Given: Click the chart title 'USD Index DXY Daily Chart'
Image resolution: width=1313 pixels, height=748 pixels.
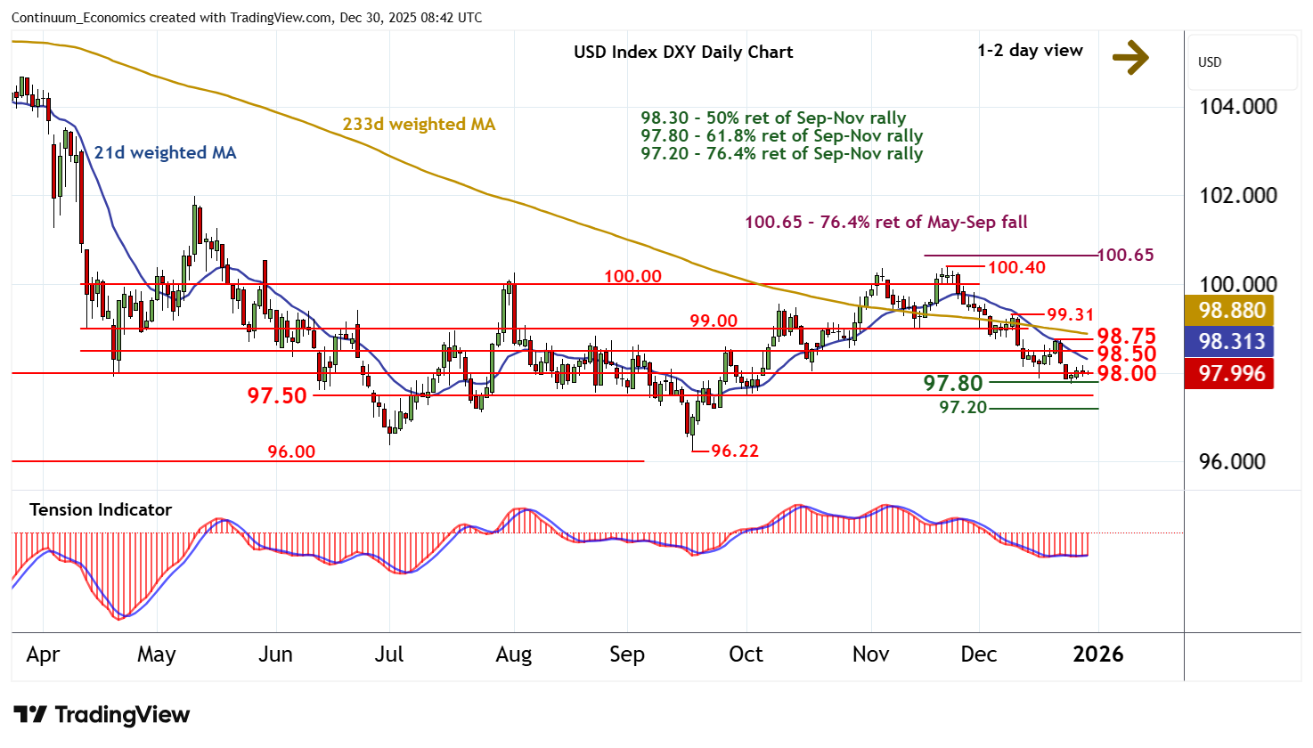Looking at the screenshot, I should tap(683, 52).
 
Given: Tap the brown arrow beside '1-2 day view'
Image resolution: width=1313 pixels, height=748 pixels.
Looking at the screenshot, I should tap(1130, 58).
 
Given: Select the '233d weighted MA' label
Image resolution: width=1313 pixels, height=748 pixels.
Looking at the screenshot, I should tap(419, 125).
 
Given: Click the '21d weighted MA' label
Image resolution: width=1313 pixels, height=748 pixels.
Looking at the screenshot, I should tap(166, 153).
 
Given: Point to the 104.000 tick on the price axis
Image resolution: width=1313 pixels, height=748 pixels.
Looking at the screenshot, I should tap(1238, 107).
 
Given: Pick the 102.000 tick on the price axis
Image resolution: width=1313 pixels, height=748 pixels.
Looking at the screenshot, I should tap(1238, 196).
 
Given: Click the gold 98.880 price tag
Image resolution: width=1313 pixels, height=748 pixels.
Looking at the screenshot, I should tap(1232, 311).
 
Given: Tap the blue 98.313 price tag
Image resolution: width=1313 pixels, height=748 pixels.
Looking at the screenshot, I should tap(1232, 341).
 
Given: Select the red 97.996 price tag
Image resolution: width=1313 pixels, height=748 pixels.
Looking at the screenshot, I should tap(1232, 373).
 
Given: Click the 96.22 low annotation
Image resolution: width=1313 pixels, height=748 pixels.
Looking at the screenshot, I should tap(735, 451).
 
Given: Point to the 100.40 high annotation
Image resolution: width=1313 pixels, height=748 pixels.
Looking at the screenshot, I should tap(1016, 267).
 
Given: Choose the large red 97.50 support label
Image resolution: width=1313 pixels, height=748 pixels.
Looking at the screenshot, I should tap(277, 395).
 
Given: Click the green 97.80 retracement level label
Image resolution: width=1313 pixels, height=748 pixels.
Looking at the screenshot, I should tap(953, 383).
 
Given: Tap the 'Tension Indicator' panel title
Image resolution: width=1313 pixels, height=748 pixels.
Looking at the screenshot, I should tap(101, 510).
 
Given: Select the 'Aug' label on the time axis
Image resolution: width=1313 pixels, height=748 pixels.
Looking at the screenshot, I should tap(514, 654).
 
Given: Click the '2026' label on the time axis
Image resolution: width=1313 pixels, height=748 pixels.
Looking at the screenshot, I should tap(1098, 654).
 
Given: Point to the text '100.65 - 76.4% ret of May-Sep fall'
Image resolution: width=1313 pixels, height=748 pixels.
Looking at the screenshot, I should tap(886, 223).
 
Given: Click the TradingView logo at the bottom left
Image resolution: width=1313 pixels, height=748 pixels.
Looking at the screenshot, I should tap(102, 715).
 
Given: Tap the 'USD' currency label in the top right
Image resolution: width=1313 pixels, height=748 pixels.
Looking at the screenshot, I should tap(1210, 62).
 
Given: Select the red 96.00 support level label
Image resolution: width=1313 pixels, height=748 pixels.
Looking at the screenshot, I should tap(291, 451).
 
